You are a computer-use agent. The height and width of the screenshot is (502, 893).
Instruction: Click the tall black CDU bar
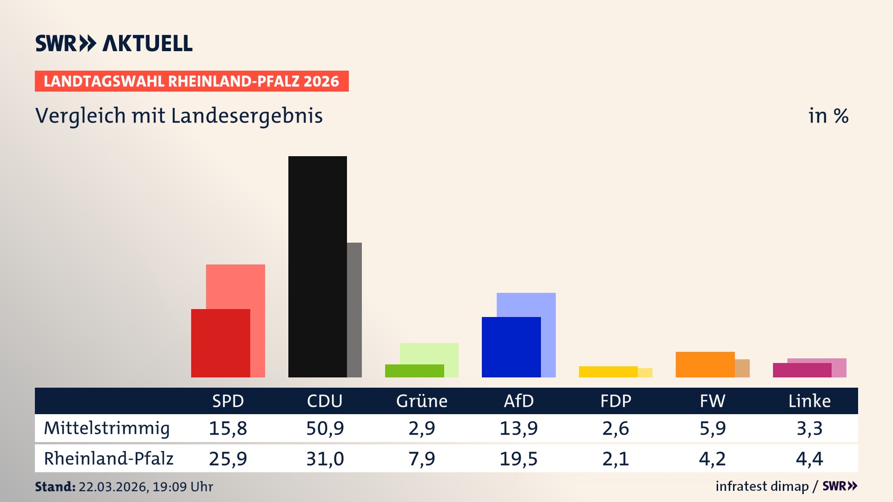point(317,266)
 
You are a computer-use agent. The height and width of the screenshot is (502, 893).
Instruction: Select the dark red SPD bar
point(220,343)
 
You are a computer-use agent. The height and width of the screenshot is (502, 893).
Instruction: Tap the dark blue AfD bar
point(511,347)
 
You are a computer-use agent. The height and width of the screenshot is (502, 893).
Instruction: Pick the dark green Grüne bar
point(414,371)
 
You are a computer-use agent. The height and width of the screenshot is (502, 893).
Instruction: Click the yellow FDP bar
point(608,372)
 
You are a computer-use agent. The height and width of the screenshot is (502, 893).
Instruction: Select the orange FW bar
point(705,364)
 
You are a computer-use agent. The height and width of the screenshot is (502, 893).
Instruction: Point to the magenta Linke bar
point(802,370)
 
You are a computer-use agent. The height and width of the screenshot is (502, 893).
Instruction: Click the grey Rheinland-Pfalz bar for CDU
point(354,310)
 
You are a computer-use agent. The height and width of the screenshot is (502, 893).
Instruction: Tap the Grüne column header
point(421,401)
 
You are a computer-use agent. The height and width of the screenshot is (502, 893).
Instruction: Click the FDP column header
point(615,401)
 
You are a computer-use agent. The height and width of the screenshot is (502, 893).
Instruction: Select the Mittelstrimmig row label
point(107,428)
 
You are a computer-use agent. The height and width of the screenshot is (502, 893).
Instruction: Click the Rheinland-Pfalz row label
point(108,459)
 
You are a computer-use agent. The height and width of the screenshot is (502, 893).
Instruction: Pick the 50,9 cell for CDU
point(325,428)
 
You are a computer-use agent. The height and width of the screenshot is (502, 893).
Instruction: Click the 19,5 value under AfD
point(518,459)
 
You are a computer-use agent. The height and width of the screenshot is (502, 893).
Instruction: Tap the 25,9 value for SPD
point(228,459)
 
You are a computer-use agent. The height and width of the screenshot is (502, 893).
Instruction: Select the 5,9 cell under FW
point(712,428)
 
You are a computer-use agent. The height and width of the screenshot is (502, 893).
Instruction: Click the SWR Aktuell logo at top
point(114,43)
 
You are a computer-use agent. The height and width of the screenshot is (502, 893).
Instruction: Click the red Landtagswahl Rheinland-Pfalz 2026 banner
point(192,81)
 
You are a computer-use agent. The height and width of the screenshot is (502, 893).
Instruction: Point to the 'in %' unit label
point(828,116)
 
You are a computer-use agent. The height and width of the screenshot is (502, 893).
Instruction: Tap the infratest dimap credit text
point(762,486)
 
